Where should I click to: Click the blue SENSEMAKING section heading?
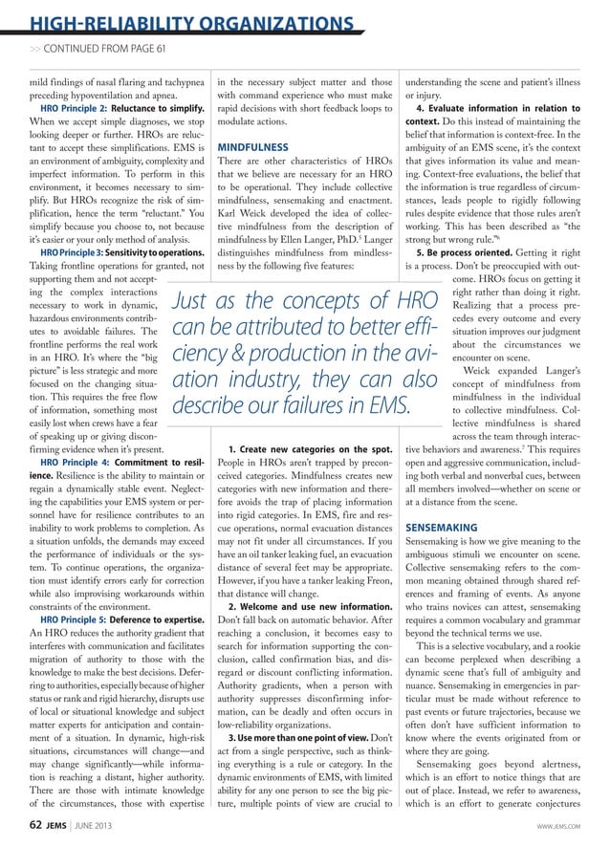pos(444,527)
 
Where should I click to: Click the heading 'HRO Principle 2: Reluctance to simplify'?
pos(115,109)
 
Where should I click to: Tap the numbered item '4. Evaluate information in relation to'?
pos(504,109)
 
